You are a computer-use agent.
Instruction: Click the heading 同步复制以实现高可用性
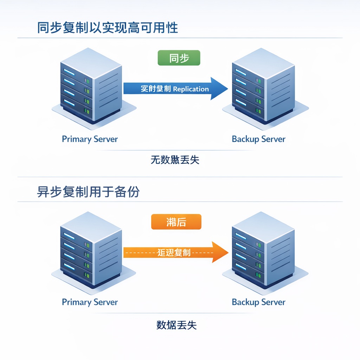(108, 28)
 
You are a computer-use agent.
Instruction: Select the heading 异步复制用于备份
(88, 192)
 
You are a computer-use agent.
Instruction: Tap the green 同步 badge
(179, 58)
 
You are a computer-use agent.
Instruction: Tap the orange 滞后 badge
(176, 222)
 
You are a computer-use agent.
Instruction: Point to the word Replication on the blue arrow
(191, 89)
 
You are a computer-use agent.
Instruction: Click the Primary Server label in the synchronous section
(90, 139)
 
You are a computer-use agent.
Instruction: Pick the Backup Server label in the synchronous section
(258, 139)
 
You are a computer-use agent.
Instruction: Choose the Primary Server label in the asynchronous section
(90, 302)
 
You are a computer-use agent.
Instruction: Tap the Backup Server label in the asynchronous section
(258, 302)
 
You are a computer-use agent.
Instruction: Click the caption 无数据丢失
(175, 160)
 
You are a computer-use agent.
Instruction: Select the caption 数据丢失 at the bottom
(176, 325)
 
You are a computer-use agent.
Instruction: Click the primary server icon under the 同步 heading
(91, 86)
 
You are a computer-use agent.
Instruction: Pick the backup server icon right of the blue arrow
(263, 88)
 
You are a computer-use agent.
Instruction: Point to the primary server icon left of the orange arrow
(91, 250)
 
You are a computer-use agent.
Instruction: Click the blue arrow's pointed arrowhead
(220, 89)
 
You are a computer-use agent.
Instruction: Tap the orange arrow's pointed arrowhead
(220, 252)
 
